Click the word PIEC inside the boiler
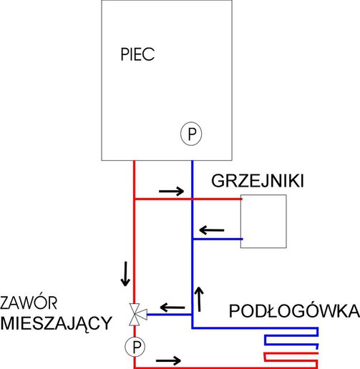click(x=137, y=54)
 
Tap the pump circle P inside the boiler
click(x=191, y=134)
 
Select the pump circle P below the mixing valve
click(x=135, y=347)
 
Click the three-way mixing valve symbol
click(x=137, y=315)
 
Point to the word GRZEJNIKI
click(x=258, y=181)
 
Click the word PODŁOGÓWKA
click(x=294, y=311)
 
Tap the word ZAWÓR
click(x=29, y=302)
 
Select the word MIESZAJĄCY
click(x=57, y=324)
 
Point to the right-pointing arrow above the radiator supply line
click(x=171, y=191)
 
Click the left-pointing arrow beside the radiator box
click(x=212, y=230)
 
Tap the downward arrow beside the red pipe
click(x=125, y=274)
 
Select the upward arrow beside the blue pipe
click(x=199, y=299)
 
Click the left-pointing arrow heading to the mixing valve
click(x=172, y=307)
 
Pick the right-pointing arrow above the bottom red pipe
click(x=168, y=360)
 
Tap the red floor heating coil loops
click(x=291, y=360)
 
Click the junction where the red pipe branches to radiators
click(x=135, y=199)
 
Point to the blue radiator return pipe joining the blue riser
click(x=218, y=239)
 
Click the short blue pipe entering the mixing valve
click(x=170, y=315)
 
